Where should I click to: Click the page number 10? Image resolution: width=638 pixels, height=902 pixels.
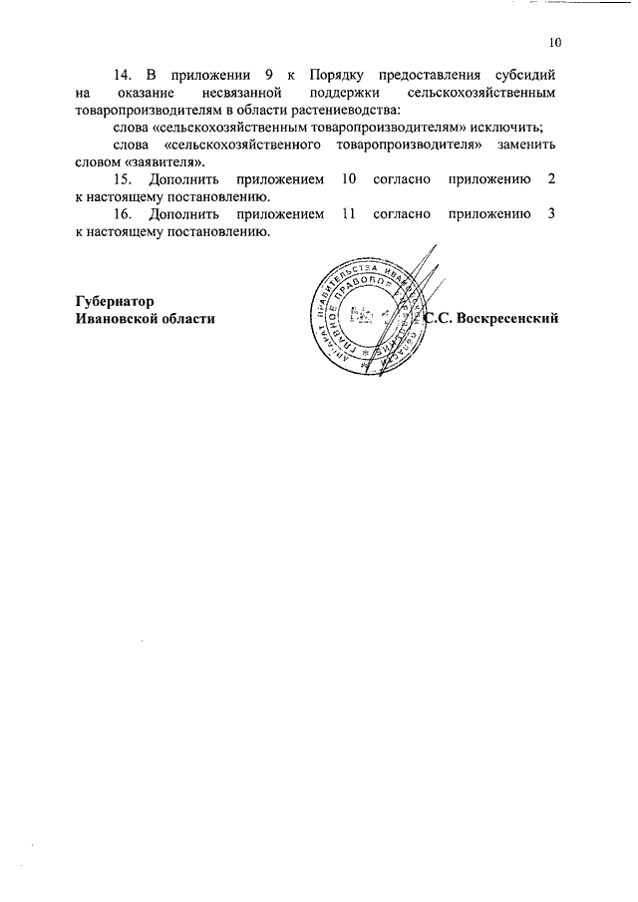(555, 43)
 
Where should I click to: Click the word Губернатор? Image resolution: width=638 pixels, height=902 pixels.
(116, 300)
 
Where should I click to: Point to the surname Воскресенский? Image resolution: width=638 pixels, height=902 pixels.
(503, 318)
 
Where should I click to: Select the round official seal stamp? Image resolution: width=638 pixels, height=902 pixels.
(367, 314)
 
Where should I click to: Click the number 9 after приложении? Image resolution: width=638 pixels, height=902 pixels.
(255, 76)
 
